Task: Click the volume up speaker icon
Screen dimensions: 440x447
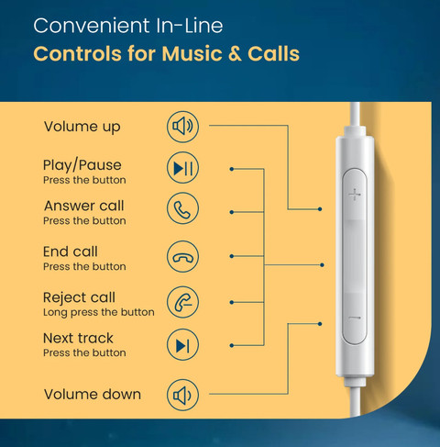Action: [182, 127]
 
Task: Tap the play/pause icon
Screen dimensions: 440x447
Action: [182, 168]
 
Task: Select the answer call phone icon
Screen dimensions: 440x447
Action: [182, 208]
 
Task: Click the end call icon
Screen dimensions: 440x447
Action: [182, 257]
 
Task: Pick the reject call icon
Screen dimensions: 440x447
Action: [182, 302]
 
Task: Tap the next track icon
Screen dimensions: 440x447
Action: [182, 345]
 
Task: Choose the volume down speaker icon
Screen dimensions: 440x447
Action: [182, 395]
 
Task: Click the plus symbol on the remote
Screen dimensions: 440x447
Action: [355, 195]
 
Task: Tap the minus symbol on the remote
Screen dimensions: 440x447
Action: [355, 318]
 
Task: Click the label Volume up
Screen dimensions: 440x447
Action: [82, 127]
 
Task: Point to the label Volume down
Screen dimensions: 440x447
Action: [93, 394]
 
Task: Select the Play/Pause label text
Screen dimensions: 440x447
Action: [82, 165]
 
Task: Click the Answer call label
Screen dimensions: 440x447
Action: [84, 206]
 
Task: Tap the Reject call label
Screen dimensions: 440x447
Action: [79, 297]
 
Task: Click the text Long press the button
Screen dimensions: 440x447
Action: [99, 312]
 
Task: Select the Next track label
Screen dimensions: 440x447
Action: [78, 339]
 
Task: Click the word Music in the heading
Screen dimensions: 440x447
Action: [192, 54]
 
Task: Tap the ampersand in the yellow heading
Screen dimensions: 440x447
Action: [235, 54]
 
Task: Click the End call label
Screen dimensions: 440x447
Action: [71, 251]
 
